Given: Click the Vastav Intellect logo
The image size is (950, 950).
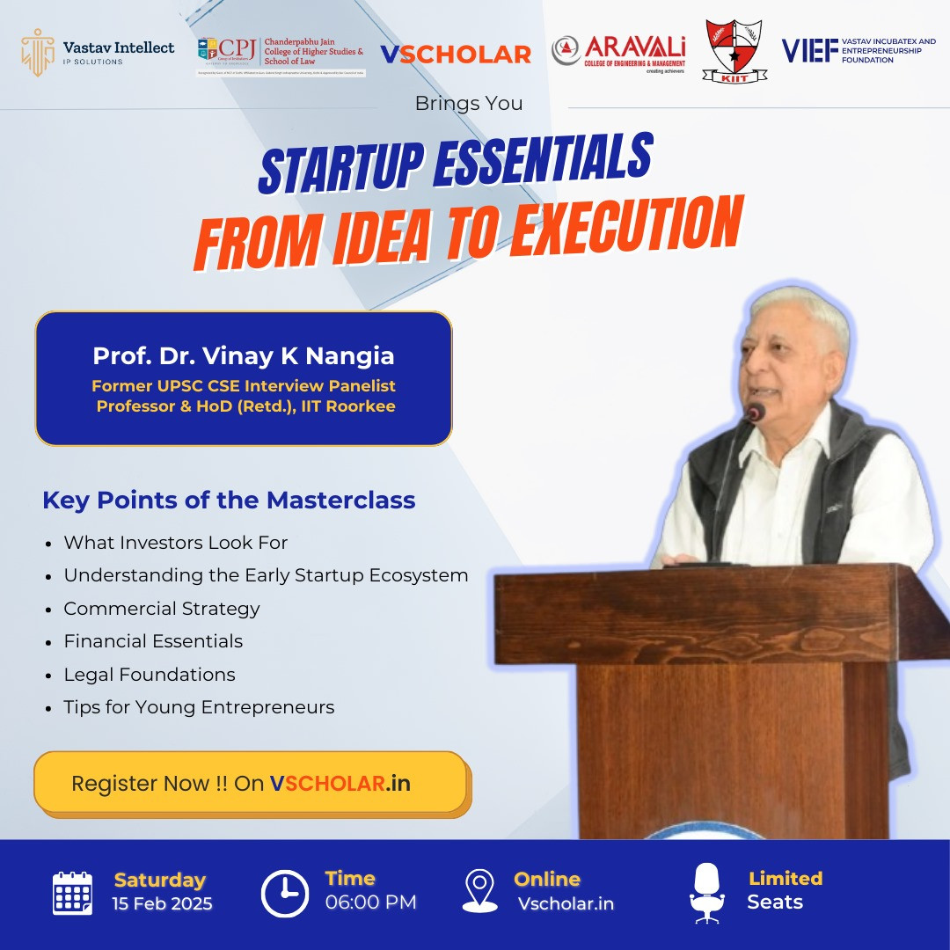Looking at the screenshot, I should (x=98, y=53).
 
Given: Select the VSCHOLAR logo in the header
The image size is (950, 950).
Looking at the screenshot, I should (x=455, y=55).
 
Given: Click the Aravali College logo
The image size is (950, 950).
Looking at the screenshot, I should (x=618, y=52).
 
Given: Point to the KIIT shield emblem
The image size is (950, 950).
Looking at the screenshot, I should (x=734, y=51).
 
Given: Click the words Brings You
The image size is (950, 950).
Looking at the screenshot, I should (x=469, y=104).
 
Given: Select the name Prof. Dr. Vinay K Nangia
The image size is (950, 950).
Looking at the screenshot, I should (x=244, y=356).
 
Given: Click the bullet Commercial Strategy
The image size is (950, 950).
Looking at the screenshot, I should (x=162, y=609).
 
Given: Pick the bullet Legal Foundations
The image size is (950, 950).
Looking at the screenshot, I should (x=150, y=675).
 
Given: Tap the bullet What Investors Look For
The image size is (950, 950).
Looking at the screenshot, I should (x=176, y=543).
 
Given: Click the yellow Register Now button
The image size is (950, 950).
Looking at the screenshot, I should (x=251, y=783).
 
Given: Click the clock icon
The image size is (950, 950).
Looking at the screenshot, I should (x=285, y=893).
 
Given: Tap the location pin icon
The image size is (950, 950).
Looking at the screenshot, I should (x=479, y=891).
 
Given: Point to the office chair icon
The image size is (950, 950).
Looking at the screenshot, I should (x=706, y=892).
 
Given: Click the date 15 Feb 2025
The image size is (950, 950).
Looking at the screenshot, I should (x=163, y=904).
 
